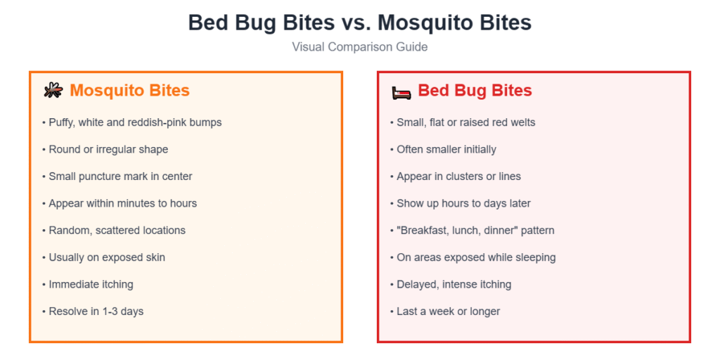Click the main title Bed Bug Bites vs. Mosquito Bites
(360, 22)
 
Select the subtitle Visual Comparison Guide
(360, 47)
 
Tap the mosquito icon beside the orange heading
(53, 91)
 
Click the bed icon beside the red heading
(401, 91)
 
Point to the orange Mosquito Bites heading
(129, 91)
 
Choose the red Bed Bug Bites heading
(475, 91)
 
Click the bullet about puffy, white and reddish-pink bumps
(134, 122)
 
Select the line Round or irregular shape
(108, 149)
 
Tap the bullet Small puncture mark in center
(120, 176)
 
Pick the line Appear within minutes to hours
(122, 203)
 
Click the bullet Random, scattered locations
(117, 230)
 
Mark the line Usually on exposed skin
(106, 257)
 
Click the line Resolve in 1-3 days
(96, 311)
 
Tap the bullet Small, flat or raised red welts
(465, 122)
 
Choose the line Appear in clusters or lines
(458, 176)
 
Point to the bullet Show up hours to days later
(463, 203)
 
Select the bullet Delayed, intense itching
(454, 284)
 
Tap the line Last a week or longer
(448, 311)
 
